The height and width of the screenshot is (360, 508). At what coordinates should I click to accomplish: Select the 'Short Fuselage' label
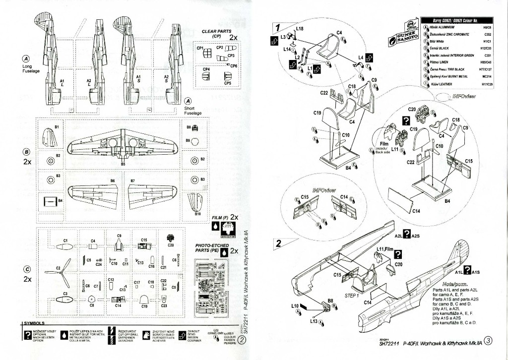click(x=193, y=110)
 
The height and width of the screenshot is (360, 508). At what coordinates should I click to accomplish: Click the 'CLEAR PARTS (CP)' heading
click(x=216, y=33)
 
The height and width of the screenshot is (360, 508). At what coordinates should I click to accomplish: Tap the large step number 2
click(x=279, y=243)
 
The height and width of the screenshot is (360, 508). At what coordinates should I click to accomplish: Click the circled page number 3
click(x=488, y=341)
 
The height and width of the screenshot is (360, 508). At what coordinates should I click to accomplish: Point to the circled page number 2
click(x=241, y=340)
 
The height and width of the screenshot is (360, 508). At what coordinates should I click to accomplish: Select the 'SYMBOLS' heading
click(x=35, y=323)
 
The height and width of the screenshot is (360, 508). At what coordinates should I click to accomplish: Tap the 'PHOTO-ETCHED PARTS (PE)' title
click(x=212, y=248)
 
